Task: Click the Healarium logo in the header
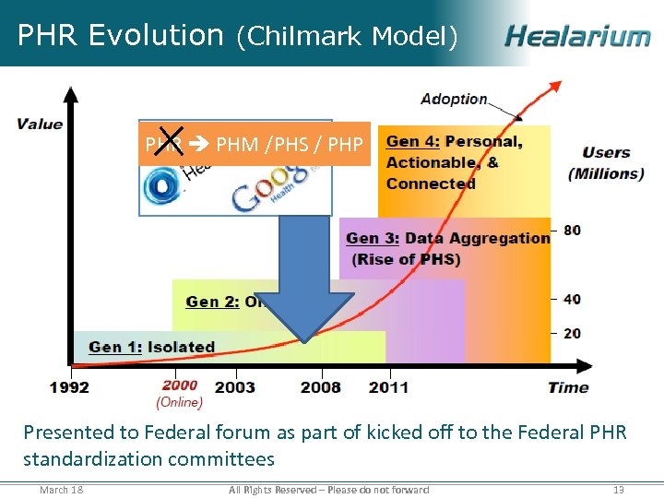(577, 36)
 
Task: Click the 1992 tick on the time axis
(70, 386)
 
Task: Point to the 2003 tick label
(235, 386)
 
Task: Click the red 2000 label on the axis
(180, 386)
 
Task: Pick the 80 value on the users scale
(572, 230)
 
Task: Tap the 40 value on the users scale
(572, 299)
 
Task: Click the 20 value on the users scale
(572, 332)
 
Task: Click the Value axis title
(40, 125)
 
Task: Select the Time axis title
(568, 386)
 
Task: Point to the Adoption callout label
(454, 99)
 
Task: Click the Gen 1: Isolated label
(152, 347)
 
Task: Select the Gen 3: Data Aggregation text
(447, 238)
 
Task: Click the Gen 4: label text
(413, 141)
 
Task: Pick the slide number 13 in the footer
(619, 490)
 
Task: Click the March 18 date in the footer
(61, 490)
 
